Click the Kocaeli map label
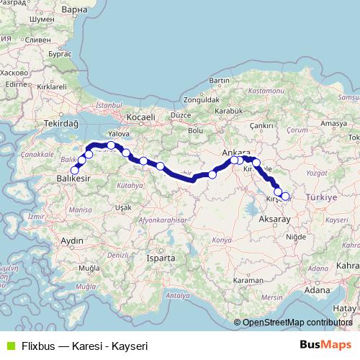[140, 116]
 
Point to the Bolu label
[195, 130]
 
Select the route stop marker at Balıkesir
[75, 170]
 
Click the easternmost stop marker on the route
[285, 196]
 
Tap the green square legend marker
[10, 346]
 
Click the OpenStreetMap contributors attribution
[297, 323]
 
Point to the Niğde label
[295, 236]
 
